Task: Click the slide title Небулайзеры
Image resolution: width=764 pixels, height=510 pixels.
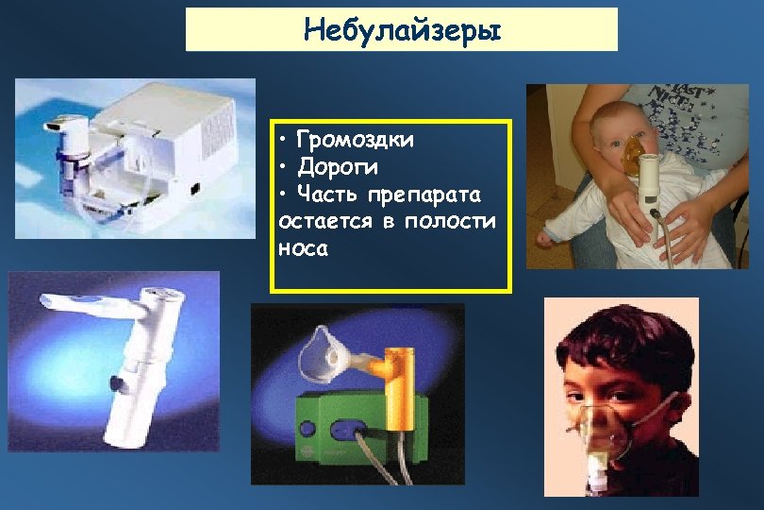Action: [402, 29]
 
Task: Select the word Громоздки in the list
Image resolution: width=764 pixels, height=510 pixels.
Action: [355, 141]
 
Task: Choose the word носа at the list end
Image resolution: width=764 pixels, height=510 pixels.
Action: [303, 248]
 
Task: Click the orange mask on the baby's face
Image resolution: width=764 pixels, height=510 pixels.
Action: [635, 150]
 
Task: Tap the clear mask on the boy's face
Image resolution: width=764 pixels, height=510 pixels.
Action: [604, 430]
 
